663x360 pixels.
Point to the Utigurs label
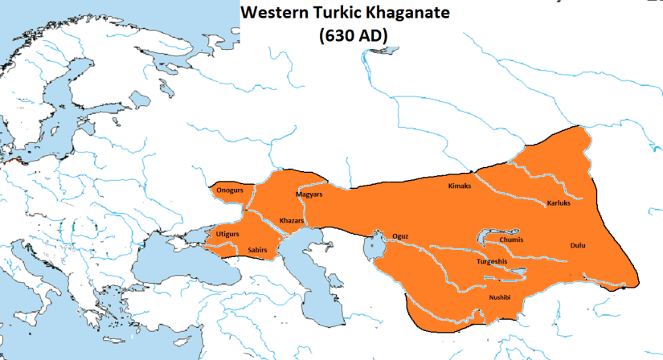pyautogui.click(x=228, y=233)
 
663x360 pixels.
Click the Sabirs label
pyautogui.click(x=257, y=250)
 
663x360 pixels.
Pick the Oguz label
pyautogui.click(x=400, y=235)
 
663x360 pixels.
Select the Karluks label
pyautogui.click(x=559, y=203)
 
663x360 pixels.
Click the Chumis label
pyautogui.click(x=512, y=239)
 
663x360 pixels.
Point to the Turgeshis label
pyautogui.click(x=490, y=261)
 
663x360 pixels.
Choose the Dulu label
pyautogui.click(x=577, y=245)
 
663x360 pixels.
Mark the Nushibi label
pyautogui.click(x=500, y=298)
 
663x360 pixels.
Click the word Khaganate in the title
pyautogui.click(x=399, y=14)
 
